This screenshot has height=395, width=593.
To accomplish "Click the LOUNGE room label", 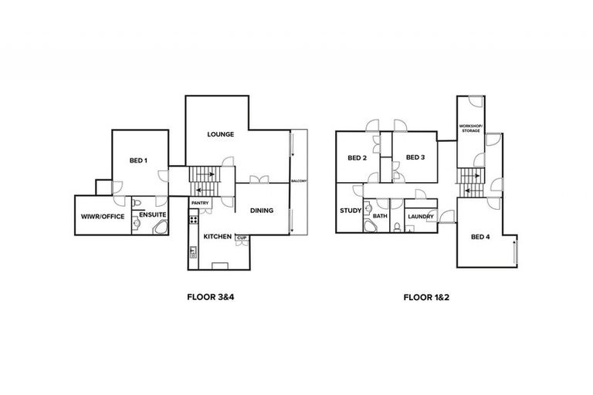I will click(x=221, y=134).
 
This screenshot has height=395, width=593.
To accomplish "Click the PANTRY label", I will click(x=200, y=204).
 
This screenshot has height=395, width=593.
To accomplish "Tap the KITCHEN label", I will click(x=217, y=237).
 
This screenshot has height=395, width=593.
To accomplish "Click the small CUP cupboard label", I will click(x=241, y=237).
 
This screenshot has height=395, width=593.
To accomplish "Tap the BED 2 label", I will click(x=356, y=158).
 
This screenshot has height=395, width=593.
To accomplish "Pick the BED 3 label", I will click(x=415, y=157).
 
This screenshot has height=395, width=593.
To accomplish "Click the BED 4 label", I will click(x=481, y=236).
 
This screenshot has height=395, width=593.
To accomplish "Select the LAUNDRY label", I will click(x=421, y=217).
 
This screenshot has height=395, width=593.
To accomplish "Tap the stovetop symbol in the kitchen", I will click(x=192, y=222).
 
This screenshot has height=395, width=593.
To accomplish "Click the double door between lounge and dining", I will click(x=259, y=181).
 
